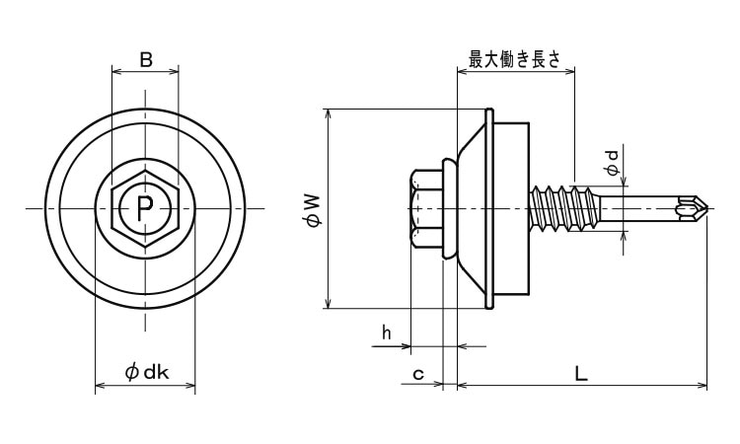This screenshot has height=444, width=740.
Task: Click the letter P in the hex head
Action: point(145,208)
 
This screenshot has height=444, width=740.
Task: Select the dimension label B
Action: point(146,60)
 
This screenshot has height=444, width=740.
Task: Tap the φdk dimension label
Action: point(147,373)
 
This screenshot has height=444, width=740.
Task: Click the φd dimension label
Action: point(612,163)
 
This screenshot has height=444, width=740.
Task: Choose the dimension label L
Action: point(581,374)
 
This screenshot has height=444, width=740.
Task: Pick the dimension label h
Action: point(387,333)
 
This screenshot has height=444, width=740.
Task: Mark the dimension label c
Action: point(418,374)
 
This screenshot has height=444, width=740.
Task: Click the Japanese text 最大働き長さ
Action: point(514,60)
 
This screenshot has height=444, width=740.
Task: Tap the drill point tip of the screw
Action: point(707,208)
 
